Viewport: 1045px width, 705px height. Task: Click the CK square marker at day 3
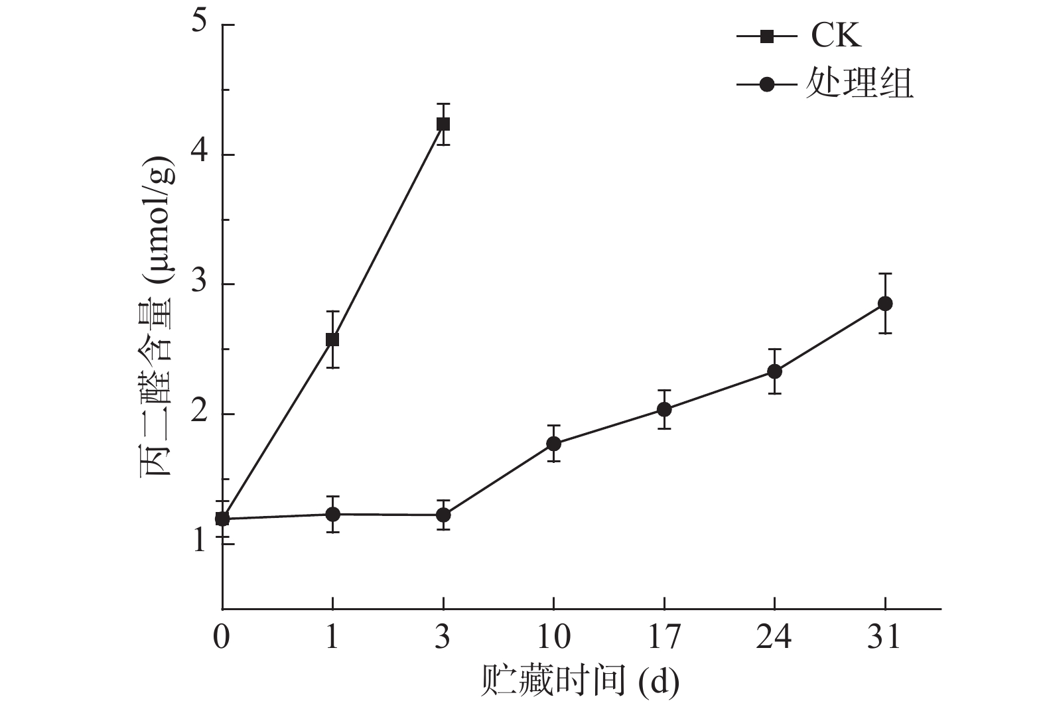[x=443, y=124]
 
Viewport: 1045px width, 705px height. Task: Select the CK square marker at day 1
[x=332, y=340]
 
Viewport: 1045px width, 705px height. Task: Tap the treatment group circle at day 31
[x=884, y=304]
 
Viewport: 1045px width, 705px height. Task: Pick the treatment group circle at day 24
[x=774, y=371]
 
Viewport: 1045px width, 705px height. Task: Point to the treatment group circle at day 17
[x=664, y=410]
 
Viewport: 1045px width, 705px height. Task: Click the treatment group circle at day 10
[x=553, y=444]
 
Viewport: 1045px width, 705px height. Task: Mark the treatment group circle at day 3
[x=443, y=515]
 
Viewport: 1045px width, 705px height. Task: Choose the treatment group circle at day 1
[x=332, y=514]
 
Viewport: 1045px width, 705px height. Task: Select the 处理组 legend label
[x=860, y=84]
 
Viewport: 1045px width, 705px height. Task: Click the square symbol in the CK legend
[x=766, y=36]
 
